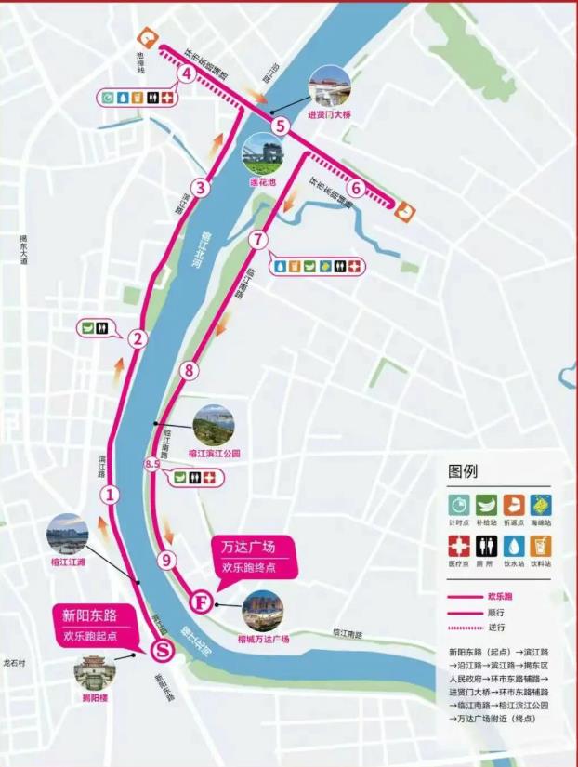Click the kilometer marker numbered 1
(110, 494)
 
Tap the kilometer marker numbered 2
(138, 339)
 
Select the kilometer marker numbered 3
(200, 187)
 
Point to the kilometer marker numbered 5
(282, 125)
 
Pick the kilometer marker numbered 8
(190, 370)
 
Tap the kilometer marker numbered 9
(166, 560)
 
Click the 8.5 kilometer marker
(154, 463)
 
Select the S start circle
(161, 649)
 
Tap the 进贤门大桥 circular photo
(330, 86)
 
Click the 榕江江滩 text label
(68, 562)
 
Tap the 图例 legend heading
(463, 470)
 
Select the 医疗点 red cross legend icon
(459, 545)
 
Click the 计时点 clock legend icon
(459, 504)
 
